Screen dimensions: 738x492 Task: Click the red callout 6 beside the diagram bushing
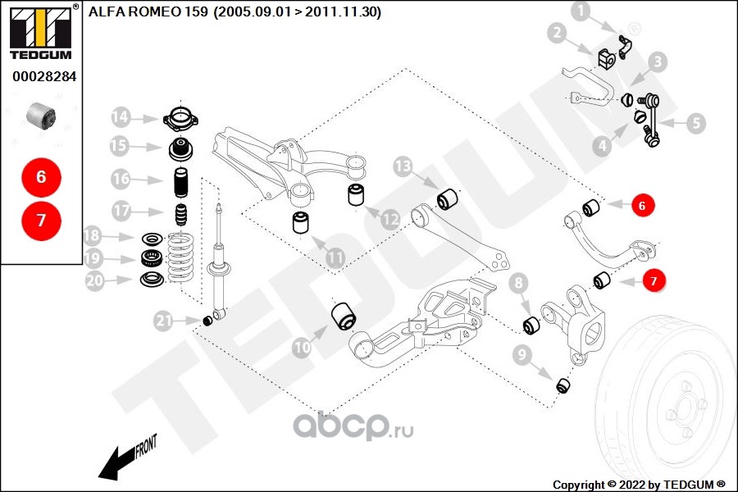(642, 206)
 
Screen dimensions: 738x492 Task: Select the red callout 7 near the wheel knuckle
(654, 281)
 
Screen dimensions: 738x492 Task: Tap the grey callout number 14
(121, 117)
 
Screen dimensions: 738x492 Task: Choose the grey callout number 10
(303, 348)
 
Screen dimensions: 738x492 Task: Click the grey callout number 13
(403, 167)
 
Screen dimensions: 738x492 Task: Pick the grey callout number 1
(581, 11)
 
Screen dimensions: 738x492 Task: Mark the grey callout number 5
(695, 124)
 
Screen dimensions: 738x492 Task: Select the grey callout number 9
(521, 356)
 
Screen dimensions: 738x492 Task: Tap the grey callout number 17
(121, 211)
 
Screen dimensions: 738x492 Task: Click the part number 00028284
(43, 76)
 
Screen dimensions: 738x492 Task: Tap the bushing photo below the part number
(41, 116)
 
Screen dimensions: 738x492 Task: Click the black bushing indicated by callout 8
(531, 326)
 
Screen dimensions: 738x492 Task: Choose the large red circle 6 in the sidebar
(41, 176)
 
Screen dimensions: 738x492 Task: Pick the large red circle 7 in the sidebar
(41, 220)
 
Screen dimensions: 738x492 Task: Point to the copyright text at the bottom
(638, 484)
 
